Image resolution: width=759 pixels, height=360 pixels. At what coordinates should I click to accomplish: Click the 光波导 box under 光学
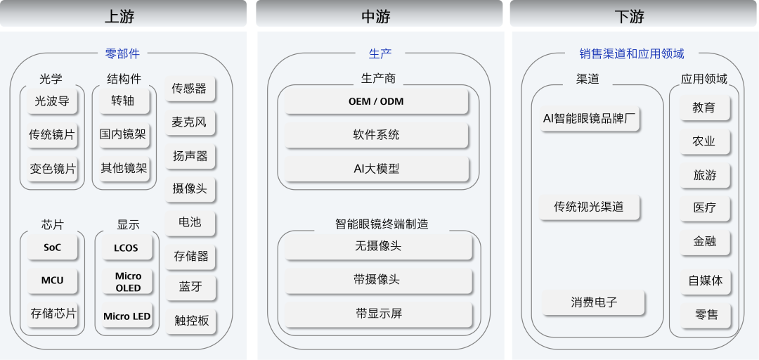click(52, 101)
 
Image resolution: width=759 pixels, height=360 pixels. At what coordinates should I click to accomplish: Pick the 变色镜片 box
click(52, 169)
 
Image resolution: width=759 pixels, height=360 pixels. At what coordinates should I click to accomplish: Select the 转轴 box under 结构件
click(123, 101)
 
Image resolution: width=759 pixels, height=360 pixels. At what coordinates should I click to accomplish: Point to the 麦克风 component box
click(189, 122)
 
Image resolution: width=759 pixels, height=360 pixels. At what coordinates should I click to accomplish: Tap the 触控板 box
click(191, 320)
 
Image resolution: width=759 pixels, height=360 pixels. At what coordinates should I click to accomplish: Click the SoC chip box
click(52, 247)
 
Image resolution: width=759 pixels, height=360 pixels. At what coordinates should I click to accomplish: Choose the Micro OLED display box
click(128, 281)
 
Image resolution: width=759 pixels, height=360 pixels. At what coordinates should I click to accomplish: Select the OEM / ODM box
click(376, 101)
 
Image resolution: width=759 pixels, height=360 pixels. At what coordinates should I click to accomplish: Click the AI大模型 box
click(376, 169)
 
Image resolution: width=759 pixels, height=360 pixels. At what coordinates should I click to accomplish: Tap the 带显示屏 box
click(378, 314)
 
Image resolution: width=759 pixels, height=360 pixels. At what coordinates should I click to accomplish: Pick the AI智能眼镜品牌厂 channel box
click(589, 119)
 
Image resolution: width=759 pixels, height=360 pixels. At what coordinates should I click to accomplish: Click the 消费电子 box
click(593, 303)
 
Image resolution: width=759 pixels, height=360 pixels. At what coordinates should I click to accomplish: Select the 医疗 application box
click(705, 208)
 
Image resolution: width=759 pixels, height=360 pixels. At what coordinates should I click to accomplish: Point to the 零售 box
click(706, 315)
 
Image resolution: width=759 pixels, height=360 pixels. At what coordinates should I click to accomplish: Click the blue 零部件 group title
click(122, 53)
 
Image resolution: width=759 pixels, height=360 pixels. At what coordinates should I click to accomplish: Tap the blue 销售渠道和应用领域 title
click(632, 53)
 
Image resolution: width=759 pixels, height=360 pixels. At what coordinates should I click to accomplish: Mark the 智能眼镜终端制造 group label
click(382, 224)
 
